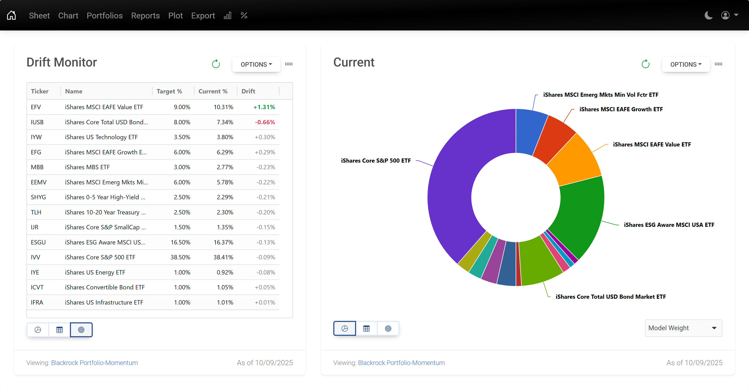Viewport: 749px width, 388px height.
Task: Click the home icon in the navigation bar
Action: [x=11, y=15]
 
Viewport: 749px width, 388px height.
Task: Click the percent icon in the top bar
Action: [x=244, y=15]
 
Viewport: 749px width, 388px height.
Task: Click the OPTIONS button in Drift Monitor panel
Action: [x=256, y=64]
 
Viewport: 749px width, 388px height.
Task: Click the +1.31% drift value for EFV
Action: [x=264, y=107]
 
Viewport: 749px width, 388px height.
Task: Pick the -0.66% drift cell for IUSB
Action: [x=265, y=122]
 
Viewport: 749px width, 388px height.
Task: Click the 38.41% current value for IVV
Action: [x=223, y=257]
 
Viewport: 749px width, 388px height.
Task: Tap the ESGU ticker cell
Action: [x=38, y=242]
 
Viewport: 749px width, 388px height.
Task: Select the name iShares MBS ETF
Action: [x=87, y=167]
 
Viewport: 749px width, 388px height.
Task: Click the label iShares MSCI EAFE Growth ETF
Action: [x=621, y=109]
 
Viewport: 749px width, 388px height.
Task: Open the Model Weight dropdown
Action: [x=683, y=328]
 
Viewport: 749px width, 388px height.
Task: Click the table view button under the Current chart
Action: [x=366, y=329]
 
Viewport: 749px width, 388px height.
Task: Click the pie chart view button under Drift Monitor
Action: [x=38, y=330]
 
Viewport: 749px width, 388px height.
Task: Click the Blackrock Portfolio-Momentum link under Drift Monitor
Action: [x=94, y=363]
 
